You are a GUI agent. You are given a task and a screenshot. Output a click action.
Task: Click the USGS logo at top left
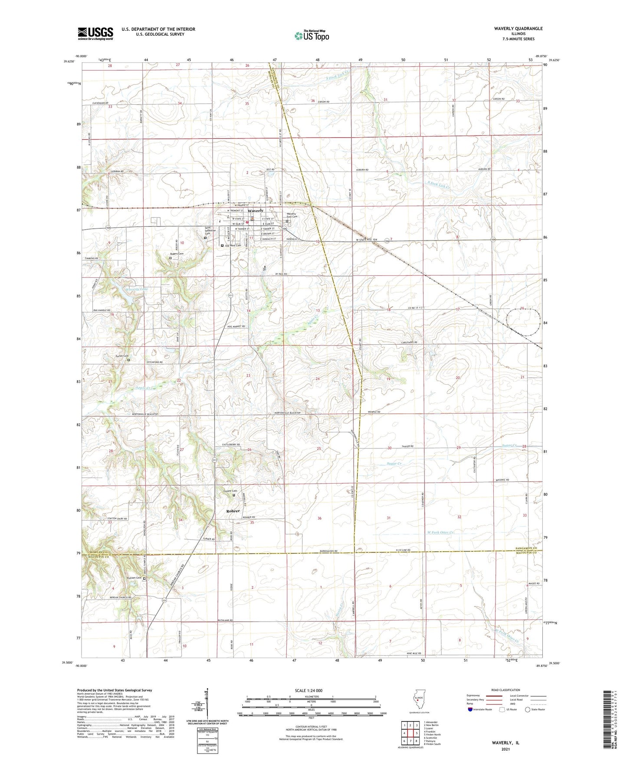95,33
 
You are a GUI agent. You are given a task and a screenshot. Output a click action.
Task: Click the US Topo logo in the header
312,36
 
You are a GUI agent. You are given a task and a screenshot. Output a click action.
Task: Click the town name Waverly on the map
256,211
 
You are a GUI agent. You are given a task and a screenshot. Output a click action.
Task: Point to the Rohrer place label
233,511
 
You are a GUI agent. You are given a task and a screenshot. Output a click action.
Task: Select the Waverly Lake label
124,290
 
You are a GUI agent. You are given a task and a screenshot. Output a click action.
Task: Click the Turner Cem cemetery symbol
128,359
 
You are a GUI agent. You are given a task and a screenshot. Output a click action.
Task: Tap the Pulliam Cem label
134,578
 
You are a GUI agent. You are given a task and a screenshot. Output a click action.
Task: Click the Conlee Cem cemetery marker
234,495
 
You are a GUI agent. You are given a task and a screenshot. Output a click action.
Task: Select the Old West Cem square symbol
223,245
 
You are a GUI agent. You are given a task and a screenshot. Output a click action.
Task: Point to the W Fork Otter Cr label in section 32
441,532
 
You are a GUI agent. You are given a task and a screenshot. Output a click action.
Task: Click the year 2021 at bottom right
505,749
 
